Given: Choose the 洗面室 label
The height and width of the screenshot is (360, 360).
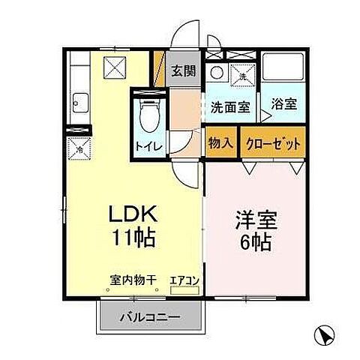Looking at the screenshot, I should [x=229, y=106].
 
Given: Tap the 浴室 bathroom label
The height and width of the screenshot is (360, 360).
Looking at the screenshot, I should [x=283, y=105].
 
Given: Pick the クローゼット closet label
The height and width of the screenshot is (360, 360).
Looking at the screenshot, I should [x=272, y=143].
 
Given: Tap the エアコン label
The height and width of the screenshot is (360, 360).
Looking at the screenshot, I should [x=184, y=281].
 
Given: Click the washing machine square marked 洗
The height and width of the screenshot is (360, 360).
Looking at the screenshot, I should [x=242, y=74].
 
